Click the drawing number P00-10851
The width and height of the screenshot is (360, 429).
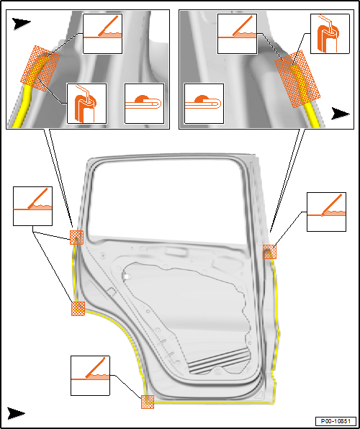pos(336,420)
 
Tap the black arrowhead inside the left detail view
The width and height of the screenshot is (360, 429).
pos(21,24)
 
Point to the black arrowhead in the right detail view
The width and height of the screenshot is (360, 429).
pos(341,113)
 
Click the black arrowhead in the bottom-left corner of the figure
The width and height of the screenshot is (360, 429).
pos(16,413)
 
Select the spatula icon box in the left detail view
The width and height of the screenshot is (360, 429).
pos(103,34)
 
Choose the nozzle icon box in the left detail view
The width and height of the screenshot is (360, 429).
pos(87,104)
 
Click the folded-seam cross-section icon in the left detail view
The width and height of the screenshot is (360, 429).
pos(145,104)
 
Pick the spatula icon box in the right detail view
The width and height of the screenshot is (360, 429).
pos(237,34)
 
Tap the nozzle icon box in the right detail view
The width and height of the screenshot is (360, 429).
pos(330,34)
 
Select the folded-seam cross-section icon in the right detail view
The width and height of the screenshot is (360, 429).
pos(204,104)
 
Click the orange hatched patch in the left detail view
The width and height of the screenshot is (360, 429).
pos(40,68)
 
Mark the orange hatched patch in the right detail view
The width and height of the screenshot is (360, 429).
pos(297,78)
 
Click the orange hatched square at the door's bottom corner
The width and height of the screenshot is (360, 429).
pos(148,402)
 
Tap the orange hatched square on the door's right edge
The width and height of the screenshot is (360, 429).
pos(270,252)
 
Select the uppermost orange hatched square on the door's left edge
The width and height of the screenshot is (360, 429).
pos(76,238)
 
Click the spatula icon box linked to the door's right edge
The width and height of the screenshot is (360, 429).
pos(326,212)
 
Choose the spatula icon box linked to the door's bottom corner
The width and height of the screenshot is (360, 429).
pos(90,376)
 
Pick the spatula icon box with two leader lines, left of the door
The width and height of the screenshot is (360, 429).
pos(32,207)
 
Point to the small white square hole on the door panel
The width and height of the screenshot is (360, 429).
pos(126,276)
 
